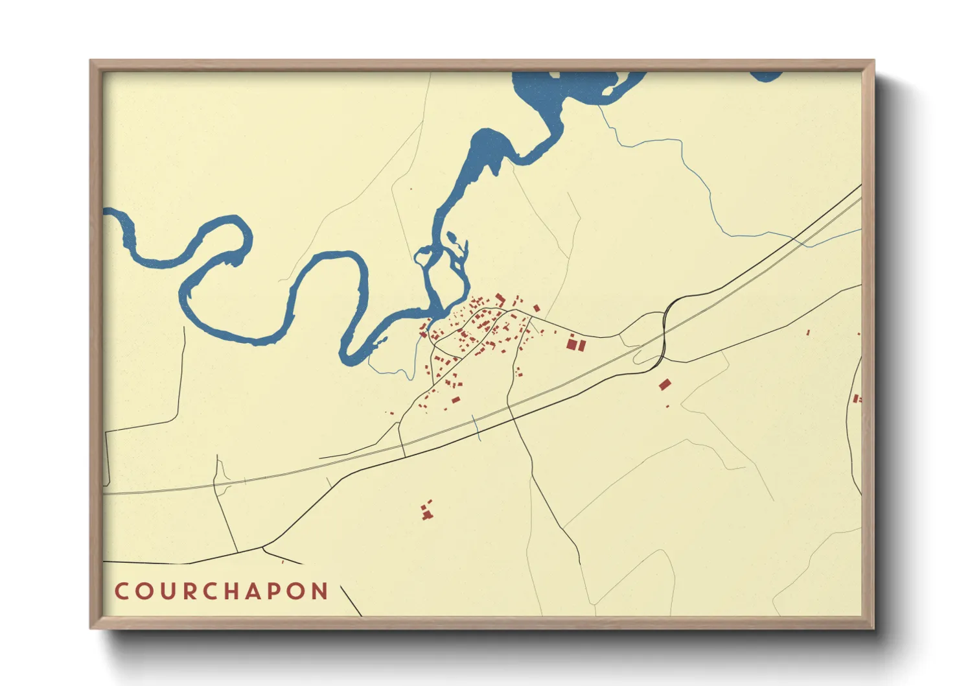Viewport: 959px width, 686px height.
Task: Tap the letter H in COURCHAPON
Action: pyautogui.click(x=231, y=591)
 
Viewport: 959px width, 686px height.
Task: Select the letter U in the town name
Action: pyautogui.click(x=166, y=591)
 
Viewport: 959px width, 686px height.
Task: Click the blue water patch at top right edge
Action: pyautogui.click(x=767, y=76)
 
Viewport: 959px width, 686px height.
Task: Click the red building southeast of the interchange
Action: pyautogui.click(x=664, y=384)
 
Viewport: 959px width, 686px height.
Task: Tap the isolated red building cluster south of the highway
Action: pyautogui.click(x=426, y=511)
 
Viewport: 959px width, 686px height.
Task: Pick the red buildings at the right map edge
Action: pyautogui.click(x=856, y=399)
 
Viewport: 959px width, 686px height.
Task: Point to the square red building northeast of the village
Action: pyautogui.click(x=537, y=308)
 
